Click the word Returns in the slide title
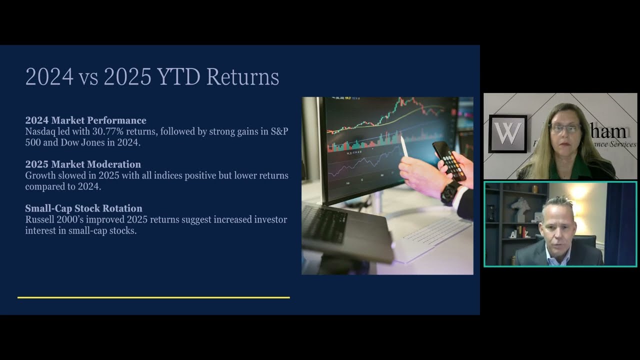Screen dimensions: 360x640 coord(242,77)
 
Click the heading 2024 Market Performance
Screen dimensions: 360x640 coord(85,120)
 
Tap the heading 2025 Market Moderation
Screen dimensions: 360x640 coord(83,164)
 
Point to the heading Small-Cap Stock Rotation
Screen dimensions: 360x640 coord(83,208)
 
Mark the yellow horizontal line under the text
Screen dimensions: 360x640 coord(153,297)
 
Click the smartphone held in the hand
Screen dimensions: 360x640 coord(449,160)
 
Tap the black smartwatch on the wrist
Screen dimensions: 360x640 coord(450,192)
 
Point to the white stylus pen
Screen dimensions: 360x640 coord(404,146)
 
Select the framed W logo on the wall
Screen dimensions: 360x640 coord(507,133)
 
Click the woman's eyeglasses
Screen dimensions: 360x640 coord(565,128)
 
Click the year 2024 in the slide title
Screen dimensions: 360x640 coord(49,77)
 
